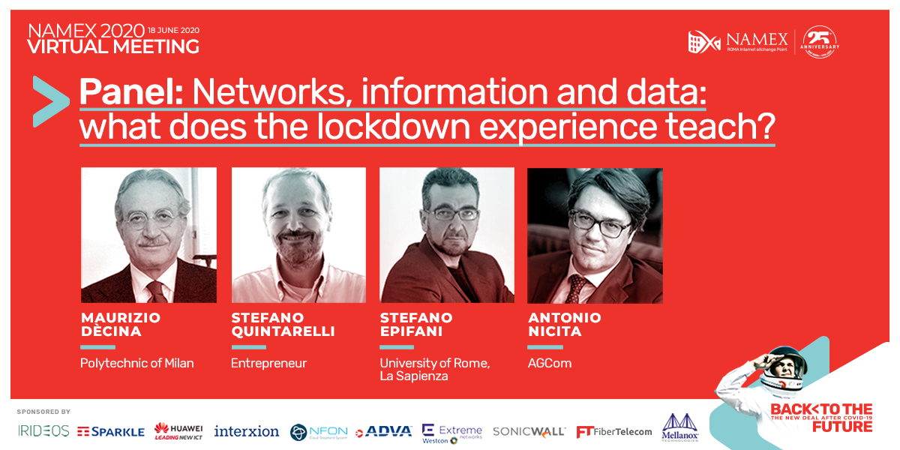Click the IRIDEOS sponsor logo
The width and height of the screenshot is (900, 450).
43,431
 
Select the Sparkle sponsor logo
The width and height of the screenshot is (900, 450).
110,431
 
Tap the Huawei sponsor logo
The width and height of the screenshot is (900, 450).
178,430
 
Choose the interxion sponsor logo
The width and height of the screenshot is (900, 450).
246,431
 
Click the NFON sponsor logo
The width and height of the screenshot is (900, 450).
318,432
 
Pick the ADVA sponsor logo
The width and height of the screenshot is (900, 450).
383,431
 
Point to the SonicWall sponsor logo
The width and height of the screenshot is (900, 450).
529,431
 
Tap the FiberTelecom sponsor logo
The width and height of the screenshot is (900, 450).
613,432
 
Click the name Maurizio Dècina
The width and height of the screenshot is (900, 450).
120,324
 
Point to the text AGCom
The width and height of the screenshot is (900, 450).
550,363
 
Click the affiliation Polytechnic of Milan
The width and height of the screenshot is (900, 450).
136,363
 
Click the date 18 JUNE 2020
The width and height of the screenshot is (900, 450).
173,30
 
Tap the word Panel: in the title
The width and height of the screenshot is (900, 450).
131,91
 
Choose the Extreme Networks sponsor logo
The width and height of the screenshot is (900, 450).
452,431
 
